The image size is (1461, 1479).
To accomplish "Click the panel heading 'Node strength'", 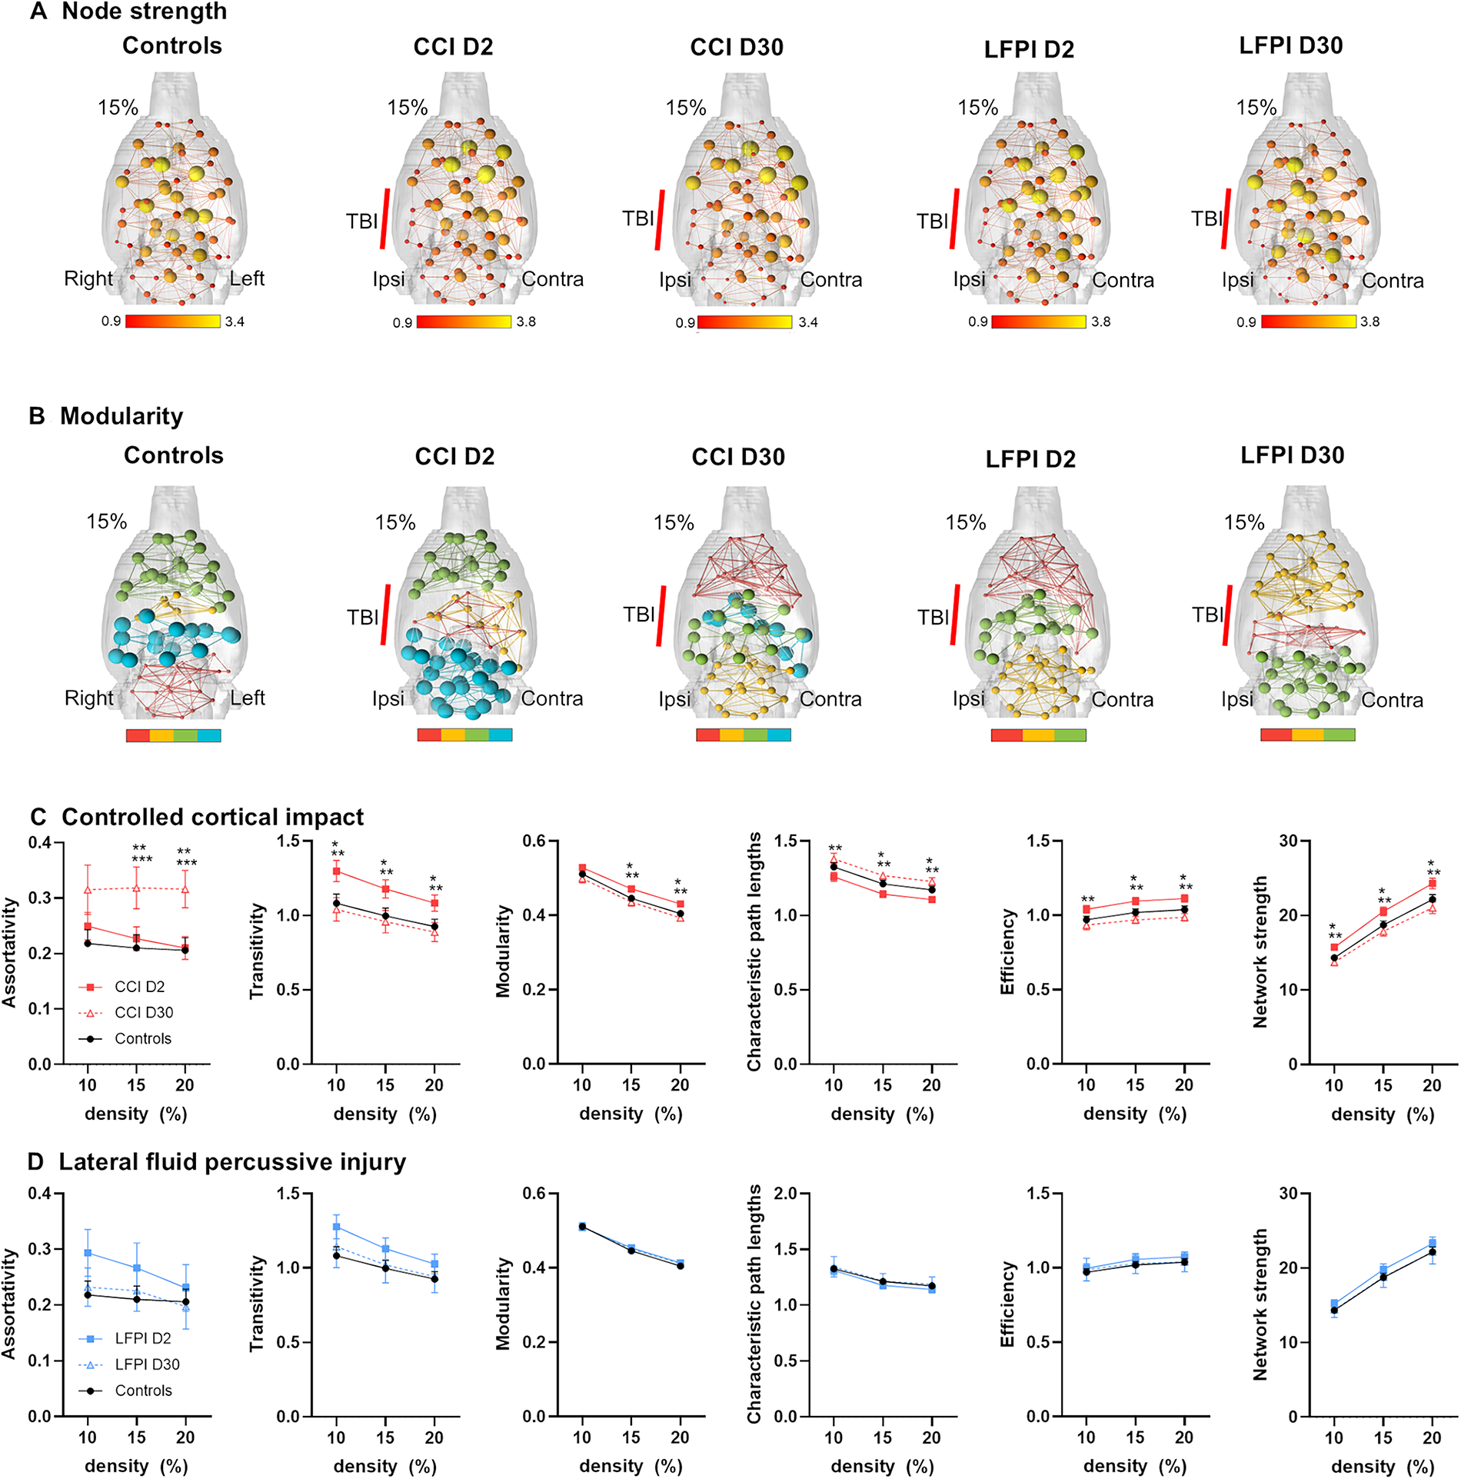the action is point(144,12).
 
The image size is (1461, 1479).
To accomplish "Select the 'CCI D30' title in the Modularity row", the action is point(738,457).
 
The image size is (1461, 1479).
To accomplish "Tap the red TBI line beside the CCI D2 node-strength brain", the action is point(384,218).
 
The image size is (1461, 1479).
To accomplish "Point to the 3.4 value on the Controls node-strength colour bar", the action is point(235,321).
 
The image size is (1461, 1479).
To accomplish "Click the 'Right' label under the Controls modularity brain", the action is point(88,698).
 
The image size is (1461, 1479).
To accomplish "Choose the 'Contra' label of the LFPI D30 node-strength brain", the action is point(1393,281).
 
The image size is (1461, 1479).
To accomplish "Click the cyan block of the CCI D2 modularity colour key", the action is point(500,735).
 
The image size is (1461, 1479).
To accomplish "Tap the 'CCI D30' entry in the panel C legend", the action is point(144,1012).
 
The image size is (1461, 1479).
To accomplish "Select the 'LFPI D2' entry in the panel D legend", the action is point(143,1338).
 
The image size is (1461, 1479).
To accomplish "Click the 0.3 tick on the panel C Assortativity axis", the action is point(40,898).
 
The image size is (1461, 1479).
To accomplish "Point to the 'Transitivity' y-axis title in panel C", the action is point(257,951).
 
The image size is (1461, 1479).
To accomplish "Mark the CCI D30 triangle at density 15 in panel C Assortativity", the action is point(136,888).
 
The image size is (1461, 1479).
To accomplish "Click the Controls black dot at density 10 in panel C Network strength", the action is point(1334,958).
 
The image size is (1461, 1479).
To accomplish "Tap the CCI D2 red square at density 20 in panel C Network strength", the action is point(1432,884).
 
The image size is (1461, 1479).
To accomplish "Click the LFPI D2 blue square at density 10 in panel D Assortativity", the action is point(88,1253).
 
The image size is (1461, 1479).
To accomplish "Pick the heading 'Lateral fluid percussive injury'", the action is point(232,1162).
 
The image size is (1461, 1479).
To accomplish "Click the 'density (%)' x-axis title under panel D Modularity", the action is point(631,1466).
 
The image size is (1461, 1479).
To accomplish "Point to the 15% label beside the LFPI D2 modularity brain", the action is point(966,523).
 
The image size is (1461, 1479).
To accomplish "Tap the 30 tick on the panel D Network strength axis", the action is point(1288,1194).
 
